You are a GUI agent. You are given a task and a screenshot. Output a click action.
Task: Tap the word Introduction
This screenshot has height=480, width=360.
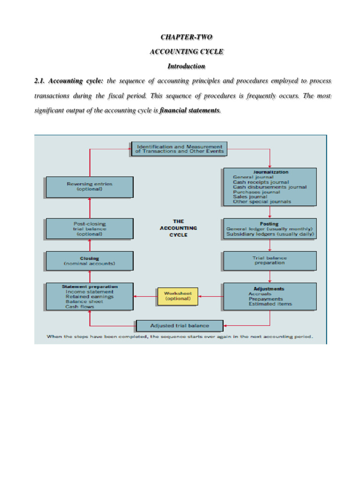click(x=187, y=66)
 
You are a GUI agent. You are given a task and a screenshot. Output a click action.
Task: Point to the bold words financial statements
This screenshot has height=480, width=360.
click(x=189, y=111)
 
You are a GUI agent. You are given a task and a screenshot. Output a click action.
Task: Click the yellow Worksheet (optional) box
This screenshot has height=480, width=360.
click(x=178, y=296)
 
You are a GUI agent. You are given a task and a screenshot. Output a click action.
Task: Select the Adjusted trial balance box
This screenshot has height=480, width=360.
click(x=180, y=325)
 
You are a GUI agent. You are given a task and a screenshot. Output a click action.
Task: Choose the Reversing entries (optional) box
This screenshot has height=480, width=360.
click(x=89, y=187)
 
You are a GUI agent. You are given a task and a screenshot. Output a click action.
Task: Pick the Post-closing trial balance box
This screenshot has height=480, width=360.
click(x=89, y=229)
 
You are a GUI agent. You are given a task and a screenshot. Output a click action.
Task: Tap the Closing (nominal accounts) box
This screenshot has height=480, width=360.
click(x=89, y=261)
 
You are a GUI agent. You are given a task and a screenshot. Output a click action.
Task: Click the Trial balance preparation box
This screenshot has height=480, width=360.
click(x=270, y=261)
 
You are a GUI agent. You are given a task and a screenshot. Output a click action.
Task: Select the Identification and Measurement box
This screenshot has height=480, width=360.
click(x=179, y=149)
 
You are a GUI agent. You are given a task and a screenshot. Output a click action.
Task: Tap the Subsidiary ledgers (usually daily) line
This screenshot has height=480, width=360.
click(x=270, y=234)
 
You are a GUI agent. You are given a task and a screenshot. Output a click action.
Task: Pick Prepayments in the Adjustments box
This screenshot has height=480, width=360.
click(x=266, y=299)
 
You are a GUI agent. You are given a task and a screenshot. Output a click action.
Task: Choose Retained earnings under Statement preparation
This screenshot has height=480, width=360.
click(x=90, y=297)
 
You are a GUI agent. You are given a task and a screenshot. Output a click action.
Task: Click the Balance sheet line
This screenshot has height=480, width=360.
click(x=84, y=302)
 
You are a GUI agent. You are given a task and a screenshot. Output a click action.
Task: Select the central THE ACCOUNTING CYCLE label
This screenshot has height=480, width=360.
click(x=178, y=228)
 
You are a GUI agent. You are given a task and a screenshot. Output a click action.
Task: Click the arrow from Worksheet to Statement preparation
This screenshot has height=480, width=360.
click(x=144, y=296)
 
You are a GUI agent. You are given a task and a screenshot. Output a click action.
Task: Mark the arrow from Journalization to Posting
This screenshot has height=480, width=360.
click(x=270, y=212)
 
